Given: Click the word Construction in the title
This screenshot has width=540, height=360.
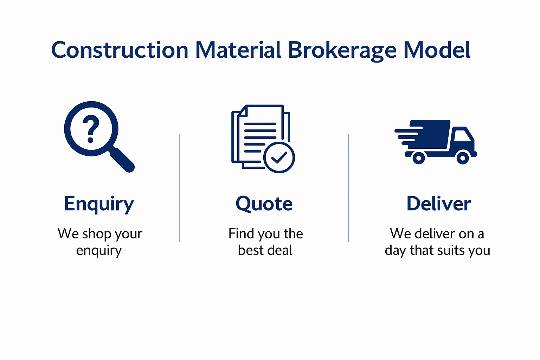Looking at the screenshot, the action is pyautogui.click(x=120, y=50).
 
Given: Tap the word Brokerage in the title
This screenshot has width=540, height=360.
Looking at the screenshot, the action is pyautogui.click(x=342, y=51).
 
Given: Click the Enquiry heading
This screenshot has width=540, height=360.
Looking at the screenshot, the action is pyautogui.click(x=99, y=205).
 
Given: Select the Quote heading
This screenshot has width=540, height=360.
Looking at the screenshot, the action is pyautogui.click(x=264, y=204).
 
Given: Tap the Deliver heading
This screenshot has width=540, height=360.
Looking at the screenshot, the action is pyautogui.click(x=438, y=204).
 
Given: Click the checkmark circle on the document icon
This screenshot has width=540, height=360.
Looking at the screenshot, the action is pyautogui.click(x=279, y=157).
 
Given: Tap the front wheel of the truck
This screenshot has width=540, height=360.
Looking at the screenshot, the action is pyautogui.click(x=463, y=158).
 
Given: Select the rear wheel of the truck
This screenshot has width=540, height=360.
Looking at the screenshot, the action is pyautogui.click(x=419, y=158).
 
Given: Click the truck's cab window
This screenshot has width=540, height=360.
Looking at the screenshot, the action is pyautogui.click(x=462, y=136).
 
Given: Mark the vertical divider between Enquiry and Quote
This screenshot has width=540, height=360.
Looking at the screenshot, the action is pyautogui.click(x=179, y=188).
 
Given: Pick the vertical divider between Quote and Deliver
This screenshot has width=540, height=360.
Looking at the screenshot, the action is pyautogui.click(x=348, y=188).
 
